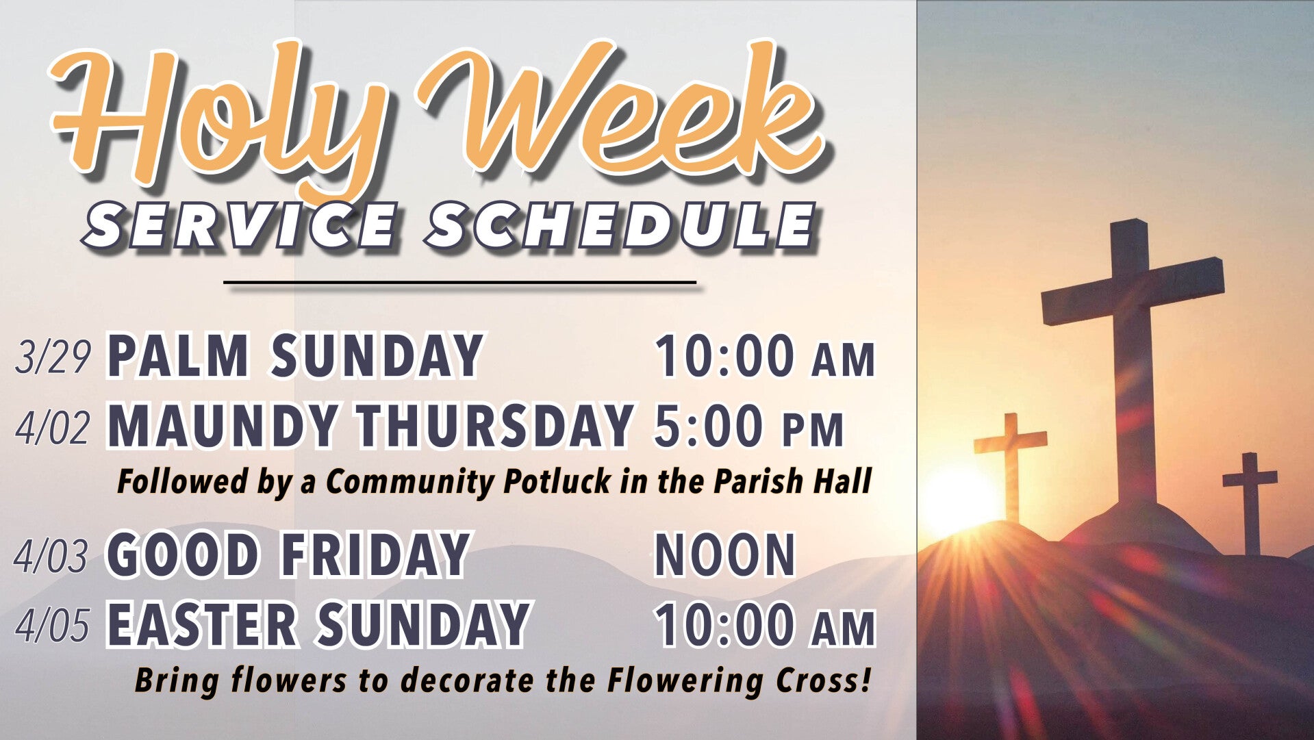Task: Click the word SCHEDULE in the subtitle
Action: [x=620, y=224]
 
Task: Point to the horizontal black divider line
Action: [x=460, y=281]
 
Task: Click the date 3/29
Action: [x=53, y=357]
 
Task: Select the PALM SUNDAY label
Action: [x=295, y=355]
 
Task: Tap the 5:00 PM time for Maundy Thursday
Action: [x=749, y=426]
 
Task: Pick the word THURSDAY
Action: [x=485, y=425]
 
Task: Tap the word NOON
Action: [x=724, y=555]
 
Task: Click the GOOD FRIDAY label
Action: [x=288, y=555]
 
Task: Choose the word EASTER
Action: [x=203, y=624]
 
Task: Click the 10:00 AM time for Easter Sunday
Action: [x=766, y=625]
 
